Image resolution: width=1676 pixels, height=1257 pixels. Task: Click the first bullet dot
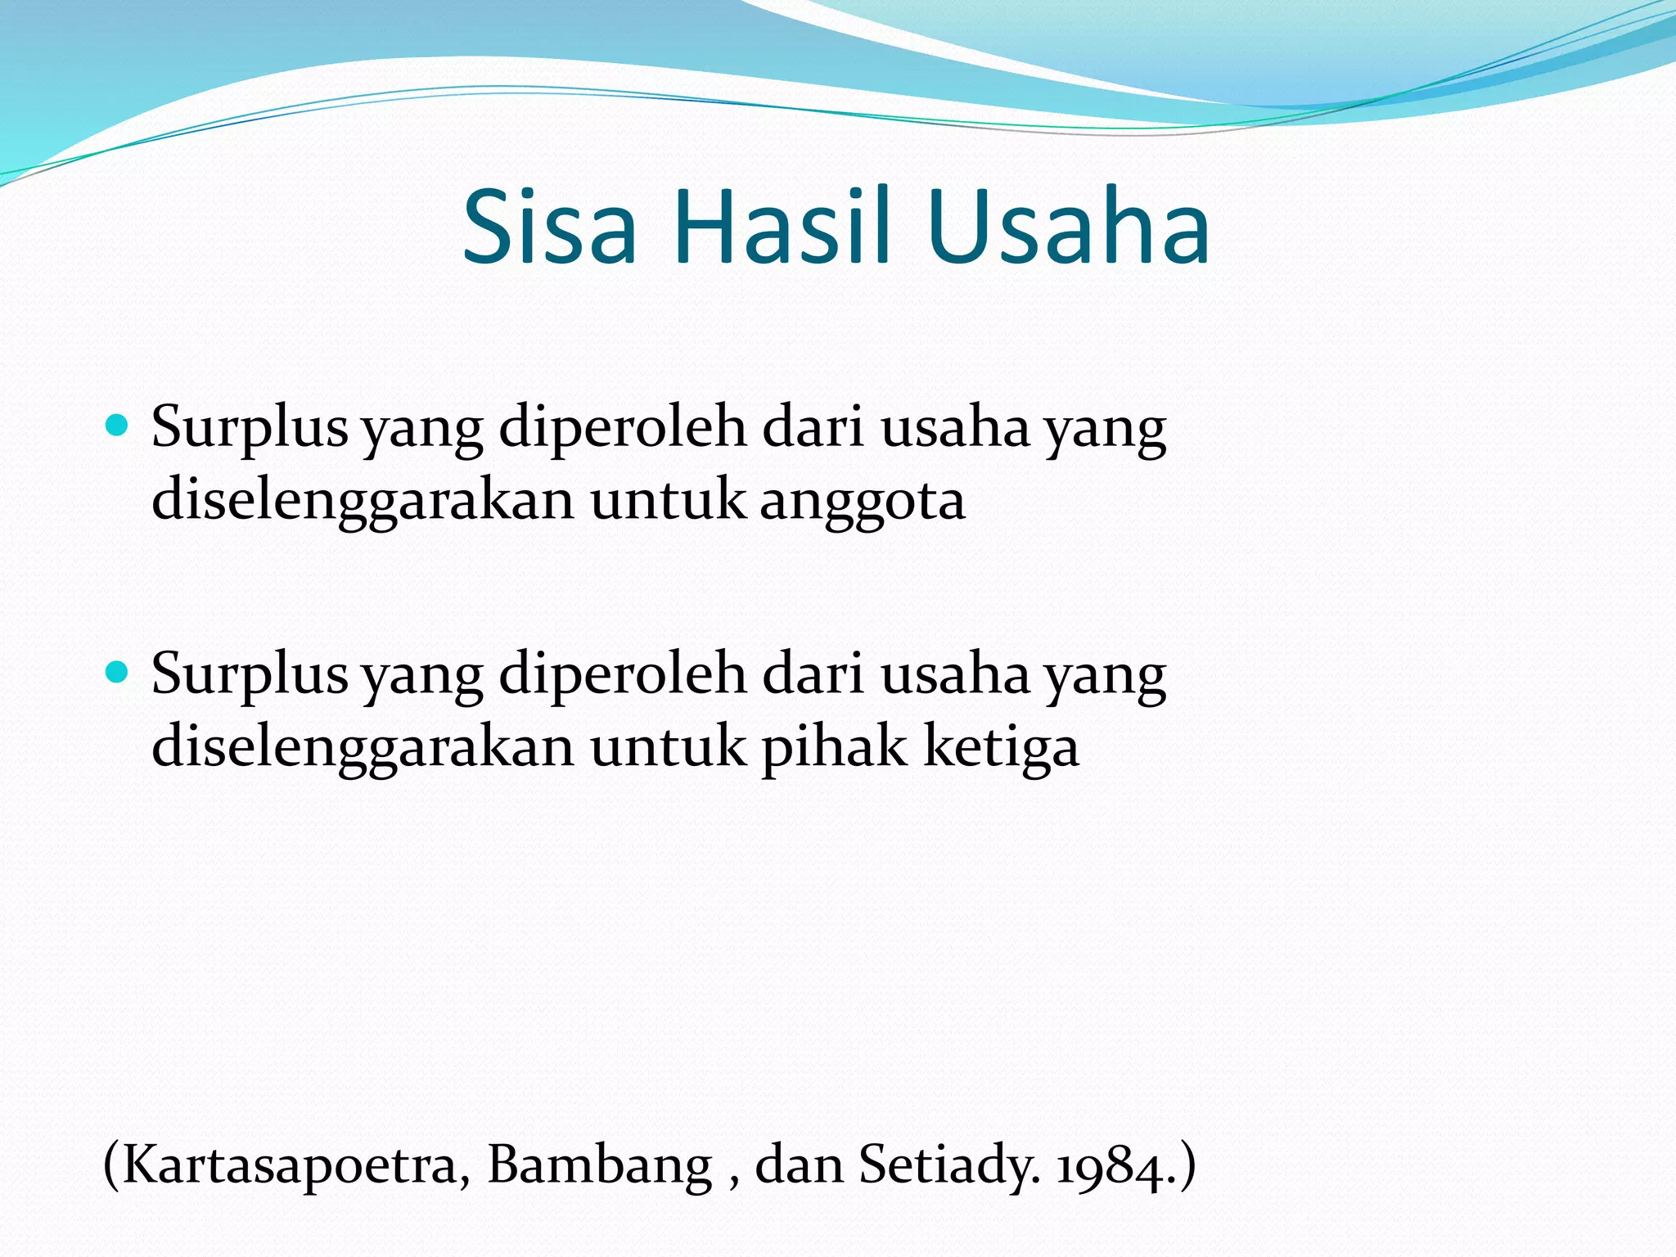click(x=118, y=426)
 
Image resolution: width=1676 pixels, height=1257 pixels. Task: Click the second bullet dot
click(x=118, y=673)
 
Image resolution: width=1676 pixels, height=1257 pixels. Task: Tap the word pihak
click(x=833, y=748)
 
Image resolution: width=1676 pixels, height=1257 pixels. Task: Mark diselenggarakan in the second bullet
click(x=363, y=748)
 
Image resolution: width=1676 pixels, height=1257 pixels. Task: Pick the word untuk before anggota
click(x=668, y=501)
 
